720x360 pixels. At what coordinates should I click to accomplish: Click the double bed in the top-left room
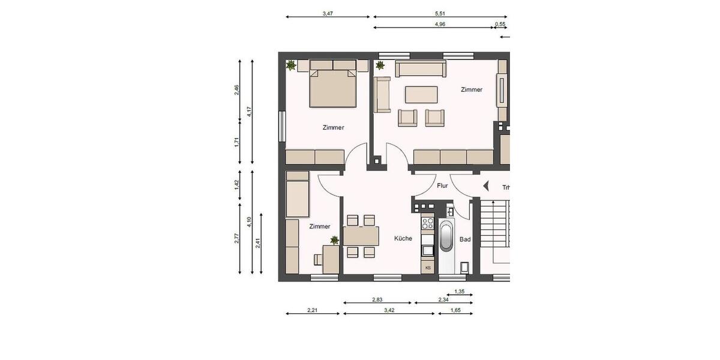tap(333, 87)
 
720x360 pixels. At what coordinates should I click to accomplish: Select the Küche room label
tap(403, 238)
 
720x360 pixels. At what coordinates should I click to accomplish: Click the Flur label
tap(442, 186)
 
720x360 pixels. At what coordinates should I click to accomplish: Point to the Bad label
tap(465, 239)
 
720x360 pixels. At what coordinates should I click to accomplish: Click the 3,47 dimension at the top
tap(328, 13)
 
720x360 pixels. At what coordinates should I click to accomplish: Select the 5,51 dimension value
tap(440, 13)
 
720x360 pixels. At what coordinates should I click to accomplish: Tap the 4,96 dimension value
tap(440, 24)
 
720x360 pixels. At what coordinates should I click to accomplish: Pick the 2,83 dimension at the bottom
tap(377, 299)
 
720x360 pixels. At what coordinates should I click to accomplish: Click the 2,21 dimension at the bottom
tap(312, 310)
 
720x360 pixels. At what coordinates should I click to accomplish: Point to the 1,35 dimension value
tap(460, 292)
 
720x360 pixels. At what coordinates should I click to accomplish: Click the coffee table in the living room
tap(421, 95)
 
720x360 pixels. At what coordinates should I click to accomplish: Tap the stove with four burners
tap(428, 224)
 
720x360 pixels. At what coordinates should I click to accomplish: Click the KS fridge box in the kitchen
tap(428, 267)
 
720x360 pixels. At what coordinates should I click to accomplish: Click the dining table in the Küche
tap(361, 236)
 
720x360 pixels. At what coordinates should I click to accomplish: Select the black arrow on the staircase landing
tap(487, 186)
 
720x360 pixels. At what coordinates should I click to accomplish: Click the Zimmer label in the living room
tap(471, 89)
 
